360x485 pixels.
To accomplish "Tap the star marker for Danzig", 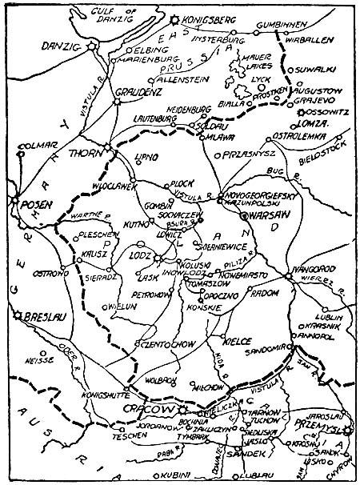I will pos(93,47).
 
